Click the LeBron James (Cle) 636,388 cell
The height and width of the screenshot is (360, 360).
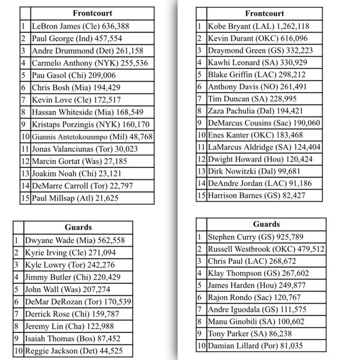click(x=72, y=26)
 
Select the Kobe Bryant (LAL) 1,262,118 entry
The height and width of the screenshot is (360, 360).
click(x=258, y=26)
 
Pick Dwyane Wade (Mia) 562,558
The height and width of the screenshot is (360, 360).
click(x=69, y=240)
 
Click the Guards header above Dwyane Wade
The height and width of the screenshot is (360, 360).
click(x=78, y=227)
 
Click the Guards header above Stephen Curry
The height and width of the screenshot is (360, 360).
click(x=266, y=224)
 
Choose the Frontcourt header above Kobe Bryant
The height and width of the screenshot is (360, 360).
click(x=265, y=13)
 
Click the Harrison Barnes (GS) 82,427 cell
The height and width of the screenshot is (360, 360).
click(x=256, y=195)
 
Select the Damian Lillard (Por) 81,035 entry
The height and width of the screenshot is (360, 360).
click(x=255, y=346)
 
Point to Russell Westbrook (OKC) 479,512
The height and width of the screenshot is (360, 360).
click(x=266, y=248)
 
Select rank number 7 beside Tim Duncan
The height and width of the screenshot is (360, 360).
click(x=199, y=98)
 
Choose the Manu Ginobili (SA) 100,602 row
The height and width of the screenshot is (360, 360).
click(x=257, y=322)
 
